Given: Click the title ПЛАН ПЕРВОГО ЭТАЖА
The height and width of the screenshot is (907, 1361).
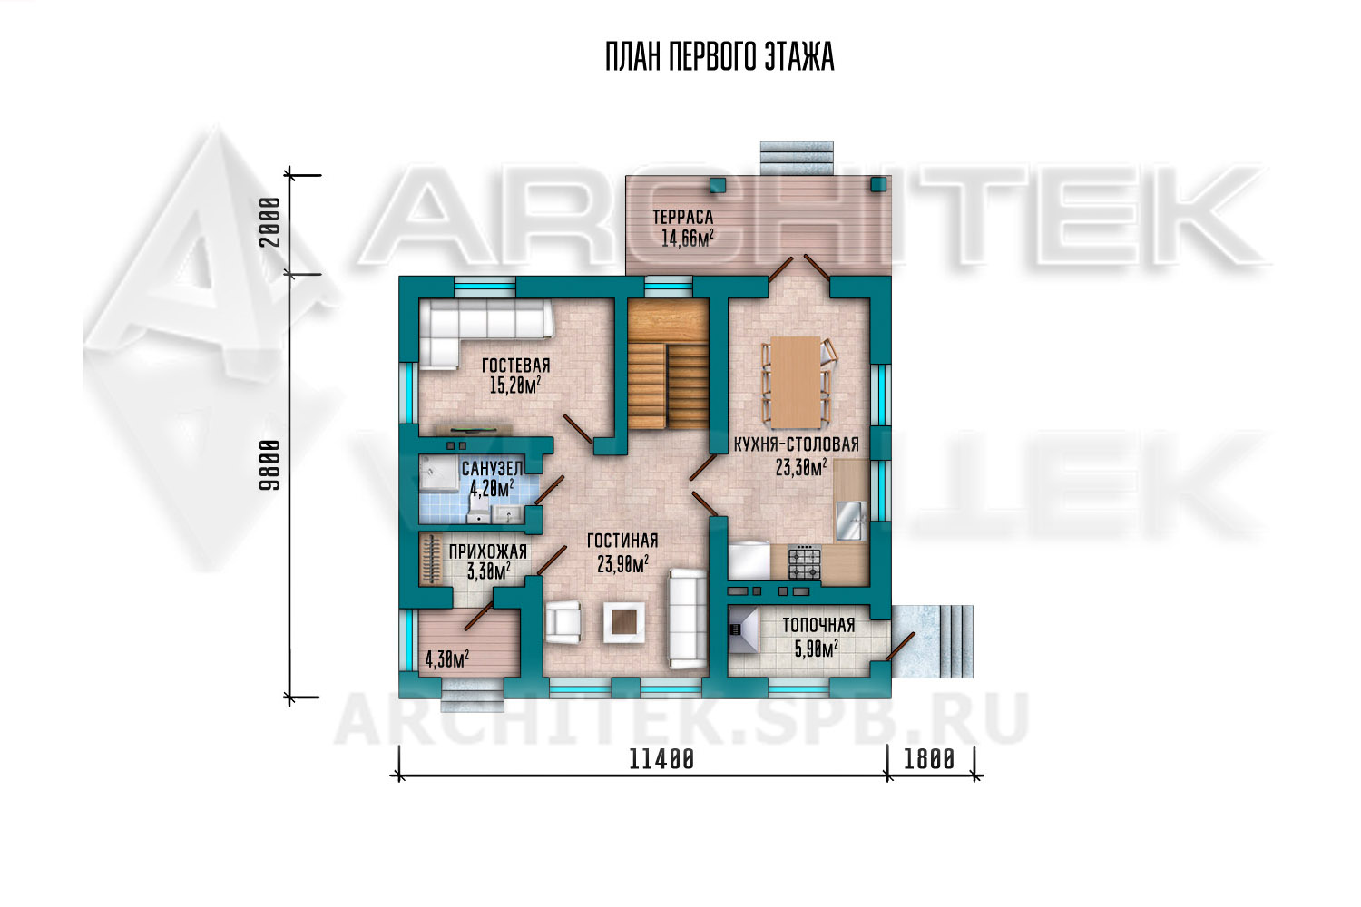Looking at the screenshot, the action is click(720, 57).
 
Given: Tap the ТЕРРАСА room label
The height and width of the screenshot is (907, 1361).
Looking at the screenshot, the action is click(683, 217).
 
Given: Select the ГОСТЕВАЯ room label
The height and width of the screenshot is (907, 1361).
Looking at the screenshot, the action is click(516, 366).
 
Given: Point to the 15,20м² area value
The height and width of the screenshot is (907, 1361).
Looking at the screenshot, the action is click(516, 385).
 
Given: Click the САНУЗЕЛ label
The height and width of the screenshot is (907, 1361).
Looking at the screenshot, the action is click(492, 468).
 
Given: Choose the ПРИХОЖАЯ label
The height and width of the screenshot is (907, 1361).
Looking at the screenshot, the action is click(488, 551).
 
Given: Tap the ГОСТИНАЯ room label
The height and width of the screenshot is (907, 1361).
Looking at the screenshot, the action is click(622, 541).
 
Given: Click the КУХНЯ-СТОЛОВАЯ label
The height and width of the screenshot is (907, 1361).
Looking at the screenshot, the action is click(797, 444).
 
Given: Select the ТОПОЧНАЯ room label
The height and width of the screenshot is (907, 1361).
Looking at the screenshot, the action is click(818, 625).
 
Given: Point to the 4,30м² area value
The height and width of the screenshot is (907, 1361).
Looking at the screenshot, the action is click(446, 659).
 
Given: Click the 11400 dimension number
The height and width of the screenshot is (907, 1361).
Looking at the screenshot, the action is click(661, 759).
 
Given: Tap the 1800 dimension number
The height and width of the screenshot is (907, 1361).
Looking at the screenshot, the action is click(929, 759).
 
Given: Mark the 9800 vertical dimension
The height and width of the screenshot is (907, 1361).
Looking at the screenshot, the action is click(269, 464).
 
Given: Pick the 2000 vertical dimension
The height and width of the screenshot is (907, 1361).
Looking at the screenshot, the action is click(269, 221).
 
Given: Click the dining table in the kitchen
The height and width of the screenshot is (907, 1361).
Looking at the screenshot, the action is click(796, 382).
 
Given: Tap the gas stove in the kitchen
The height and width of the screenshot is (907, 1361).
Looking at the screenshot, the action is click(805, 562).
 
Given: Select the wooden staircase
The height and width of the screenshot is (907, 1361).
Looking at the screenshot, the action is click(668, 364).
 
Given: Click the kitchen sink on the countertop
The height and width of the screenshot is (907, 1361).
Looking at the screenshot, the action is click(851, 520).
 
